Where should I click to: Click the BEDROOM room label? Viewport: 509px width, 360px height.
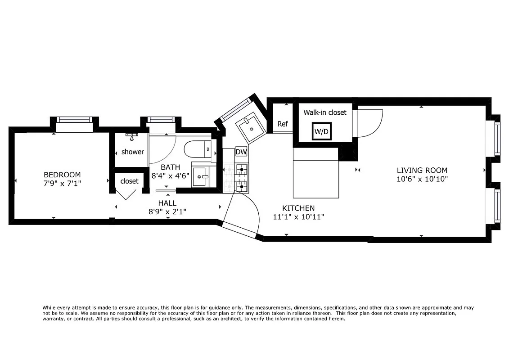tap(62, 175)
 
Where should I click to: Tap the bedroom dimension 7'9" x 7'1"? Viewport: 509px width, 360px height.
tap(62, 183)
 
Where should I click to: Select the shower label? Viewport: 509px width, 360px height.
tap(133, 152)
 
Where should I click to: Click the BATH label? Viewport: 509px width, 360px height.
tap(171, 167)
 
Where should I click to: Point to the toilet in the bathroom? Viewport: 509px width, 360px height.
tap(197, 149)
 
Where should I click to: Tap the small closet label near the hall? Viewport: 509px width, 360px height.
tap(130, 181)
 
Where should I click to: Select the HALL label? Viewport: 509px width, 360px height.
tap(167, 203)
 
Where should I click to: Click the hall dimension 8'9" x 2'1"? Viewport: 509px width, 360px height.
tap(167, 211)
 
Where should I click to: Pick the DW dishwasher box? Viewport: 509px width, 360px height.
tap(242, 152)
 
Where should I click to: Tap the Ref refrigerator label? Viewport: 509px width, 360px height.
tap(282, 124)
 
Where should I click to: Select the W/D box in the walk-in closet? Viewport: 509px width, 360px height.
tap(321, 132)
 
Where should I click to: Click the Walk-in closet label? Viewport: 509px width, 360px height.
tap(325, 112)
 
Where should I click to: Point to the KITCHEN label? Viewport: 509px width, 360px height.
tap(298, 208)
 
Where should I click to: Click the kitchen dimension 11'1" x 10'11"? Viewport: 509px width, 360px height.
tap(298, 216)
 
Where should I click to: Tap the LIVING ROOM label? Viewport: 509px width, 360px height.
tap(422, 170)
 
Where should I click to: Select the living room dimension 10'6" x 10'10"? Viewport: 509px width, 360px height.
tap(422, 179)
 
